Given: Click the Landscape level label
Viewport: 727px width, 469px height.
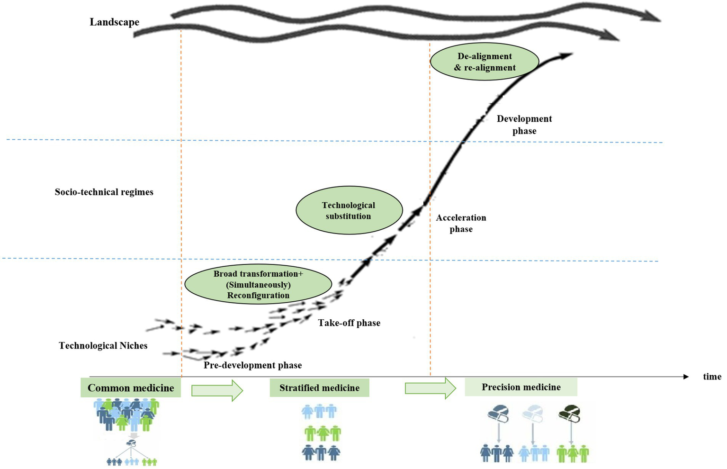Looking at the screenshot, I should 115,22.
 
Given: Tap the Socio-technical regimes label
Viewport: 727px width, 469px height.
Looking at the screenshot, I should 104,192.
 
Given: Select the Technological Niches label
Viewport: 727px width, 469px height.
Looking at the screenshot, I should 103,346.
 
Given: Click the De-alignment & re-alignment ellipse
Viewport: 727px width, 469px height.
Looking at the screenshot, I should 485,62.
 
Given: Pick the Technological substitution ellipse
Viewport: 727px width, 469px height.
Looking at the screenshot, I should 349,211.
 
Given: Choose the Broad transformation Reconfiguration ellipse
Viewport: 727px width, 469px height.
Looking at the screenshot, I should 258,285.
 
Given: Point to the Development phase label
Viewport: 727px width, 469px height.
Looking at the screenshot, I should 524,125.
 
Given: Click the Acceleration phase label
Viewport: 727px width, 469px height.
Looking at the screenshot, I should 461,223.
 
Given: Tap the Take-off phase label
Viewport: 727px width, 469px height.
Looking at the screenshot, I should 349,323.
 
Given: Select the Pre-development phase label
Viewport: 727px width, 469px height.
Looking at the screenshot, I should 252,365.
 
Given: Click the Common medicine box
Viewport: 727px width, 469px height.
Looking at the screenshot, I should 131,388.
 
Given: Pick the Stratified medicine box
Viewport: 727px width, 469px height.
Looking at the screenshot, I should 319,388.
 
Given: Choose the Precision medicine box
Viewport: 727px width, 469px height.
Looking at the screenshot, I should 521,387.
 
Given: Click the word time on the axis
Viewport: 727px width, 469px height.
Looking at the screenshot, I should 712,377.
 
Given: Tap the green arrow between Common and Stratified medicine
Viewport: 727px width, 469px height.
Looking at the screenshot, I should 217,390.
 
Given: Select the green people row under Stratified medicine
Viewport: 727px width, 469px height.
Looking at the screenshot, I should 323,433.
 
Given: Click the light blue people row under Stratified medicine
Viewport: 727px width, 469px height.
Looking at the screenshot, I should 319,411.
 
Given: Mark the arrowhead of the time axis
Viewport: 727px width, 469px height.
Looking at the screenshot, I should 686,377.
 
